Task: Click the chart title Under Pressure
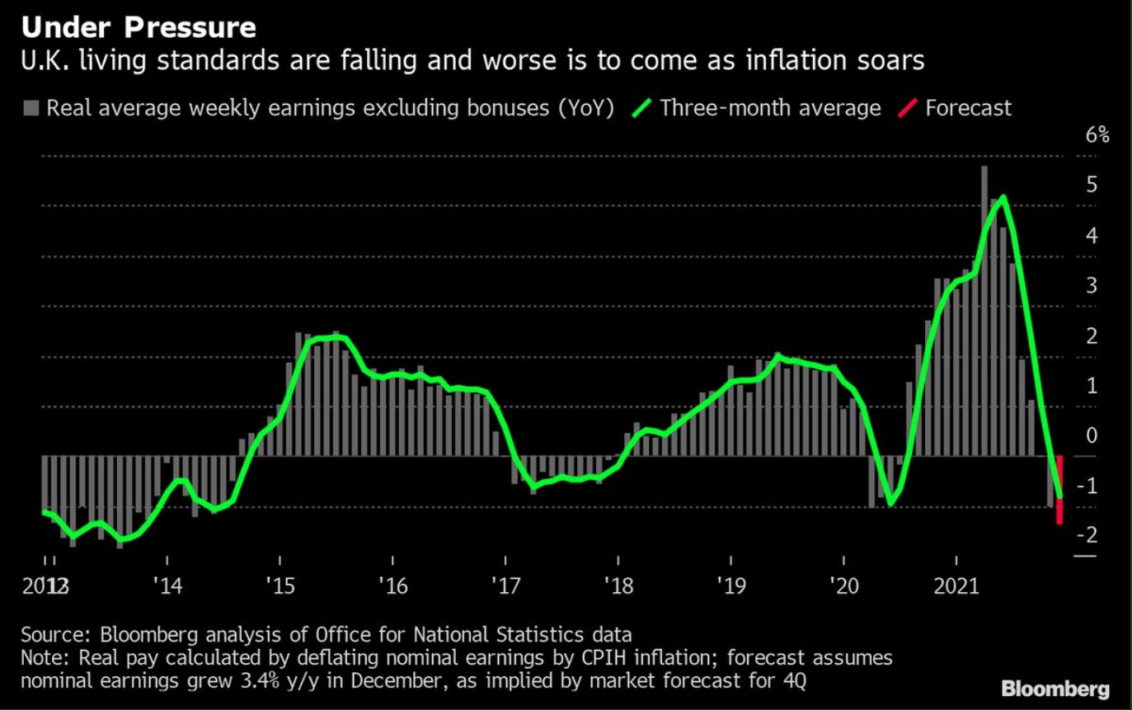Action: (x=139, y=28)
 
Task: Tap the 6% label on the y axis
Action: (x=1097, y=136)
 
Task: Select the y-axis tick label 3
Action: (x=1092, y=286)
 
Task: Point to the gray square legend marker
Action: (x=32, y=108)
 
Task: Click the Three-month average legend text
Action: (x=770, y=108)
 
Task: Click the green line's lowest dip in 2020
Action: (x=890, y=503)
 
